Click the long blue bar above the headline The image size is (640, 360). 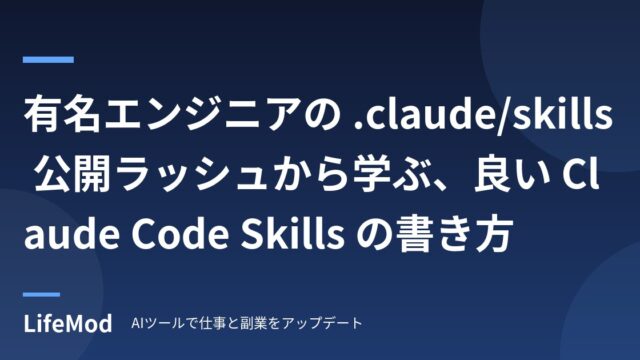[48, 60]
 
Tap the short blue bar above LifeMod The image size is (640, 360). [41, 294]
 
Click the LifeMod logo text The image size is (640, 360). [68, 324]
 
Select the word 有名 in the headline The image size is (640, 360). [62, 113]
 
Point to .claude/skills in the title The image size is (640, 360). [482, 113]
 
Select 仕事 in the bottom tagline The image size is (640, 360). [213, 323]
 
